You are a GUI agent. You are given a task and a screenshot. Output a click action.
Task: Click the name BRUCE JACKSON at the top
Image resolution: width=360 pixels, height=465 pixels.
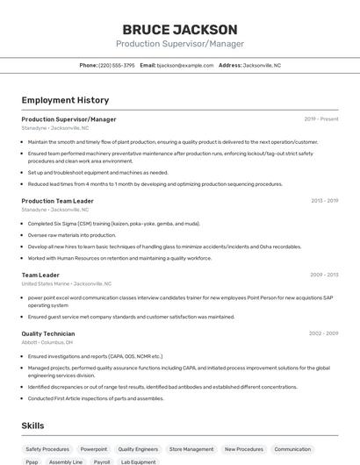point(179,29)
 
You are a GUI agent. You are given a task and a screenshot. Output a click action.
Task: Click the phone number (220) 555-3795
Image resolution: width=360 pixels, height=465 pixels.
point(116,65)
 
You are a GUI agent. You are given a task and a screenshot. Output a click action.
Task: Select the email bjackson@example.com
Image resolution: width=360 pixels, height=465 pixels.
point(185,65)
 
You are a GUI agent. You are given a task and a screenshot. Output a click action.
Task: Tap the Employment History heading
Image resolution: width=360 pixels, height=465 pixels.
point(65,100)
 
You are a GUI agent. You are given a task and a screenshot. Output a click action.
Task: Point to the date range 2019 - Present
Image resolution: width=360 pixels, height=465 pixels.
point(320,118)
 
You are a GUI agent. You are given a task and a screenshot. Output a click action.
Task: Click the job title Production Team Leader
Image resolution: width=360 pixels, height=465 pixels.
point(57,201)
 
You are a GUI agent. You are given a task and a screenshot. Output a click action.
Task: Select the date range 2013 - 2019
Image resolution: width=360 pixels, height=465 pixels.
point(324,201)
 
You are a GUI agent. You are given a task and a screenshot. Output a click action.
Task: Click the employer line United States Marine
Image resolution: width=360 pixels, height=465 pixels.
point(66,283)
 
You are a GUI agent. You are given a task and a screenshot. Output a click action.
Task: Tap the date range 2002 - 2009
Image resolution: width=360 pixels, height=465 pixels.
point(324,333)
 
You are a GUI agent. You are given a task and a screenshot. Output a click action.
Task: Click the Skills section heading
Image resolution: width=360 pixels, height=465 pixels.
point(33,426)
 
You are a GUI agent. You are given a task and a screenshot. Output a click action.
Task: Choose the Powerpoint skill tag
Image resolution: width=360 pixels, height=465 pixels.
point(93,448)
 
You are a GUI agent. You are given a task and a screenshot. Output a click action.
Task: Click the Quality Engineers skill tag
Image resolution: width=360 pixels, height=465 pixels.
point(138,448)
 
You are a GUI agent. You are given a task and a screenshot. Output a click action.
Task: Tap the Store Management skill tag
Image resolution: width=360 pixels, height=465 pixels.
point(191,448)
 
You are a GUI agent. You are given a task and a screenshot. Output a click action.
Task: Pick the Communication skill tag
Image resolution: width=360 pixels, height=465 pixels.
point(292,448)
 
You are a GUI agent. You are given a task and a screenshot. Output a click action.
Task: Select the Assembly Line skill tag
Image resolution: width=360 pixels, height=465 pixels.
point(66,461)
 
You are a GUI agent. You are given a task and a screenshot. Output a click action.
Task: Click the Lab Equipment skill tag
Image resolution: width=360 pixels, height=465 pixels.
point(138,461)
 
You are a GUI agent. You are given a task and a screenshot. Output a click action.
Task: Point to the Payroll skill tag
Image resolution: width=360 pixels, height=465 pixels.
point(102,461)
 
